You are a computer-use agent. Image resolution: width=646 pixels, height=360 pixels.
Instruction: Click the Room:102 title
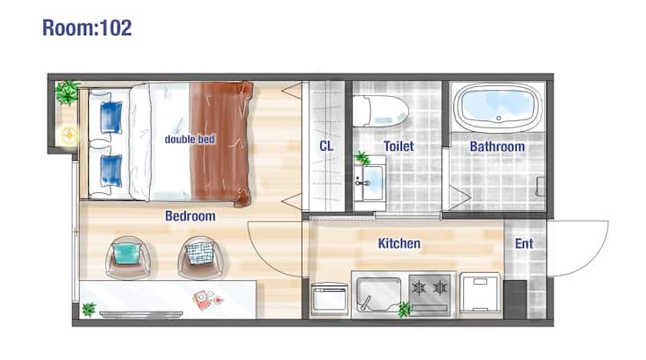(87, 28)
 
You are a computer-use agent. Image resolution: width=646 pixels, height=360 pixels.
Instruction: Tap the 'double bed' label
(190, 139)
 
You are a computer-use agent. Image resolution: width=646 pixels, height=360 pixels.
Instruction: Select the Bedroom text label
(190, 216)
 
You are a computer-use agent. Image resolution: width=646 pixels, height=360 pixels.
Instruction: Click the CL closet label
(327, 146)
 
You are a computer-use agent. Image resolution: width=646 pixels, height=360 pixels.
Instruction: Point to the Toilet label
(398, 146)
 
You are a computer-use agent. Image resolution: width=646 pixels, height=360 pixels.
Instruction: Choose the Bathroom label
(497, 146)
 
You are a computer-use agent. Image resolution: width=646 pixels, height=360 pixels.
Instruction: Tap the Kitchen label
(399, 243)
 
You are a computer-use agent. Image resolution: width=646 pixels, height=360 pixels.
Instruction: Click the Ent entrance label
(524, 243)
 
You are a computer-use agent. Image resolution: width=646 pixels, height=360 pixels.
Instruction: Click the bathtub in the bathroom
(498, 107)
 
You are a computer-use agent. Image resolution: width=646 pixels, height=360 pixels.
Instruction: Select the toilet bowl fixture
(380, 111)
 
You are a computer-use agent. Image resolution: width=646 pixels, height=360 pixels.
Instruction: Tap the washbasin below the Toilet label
(370, 182)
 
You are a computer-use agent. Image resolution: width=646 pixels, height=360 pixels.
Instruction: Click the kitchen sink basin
(379, 294)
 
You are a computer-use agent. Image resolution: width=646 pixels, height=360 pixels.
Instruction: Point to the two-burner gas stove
(429, 294)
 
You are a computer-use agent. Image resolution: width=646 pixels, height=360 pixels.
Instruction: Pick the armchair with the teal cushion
(127, 258)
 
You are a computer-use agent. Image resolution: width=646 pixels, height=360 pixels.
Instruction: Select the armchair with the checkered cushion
(201, 258)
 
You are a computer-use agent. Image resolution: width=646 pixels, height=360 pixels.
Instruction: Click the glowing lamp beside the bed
(69, 135)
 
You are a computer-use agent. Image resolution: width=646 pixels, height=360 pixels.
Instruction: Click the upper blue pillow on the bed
(111, 117)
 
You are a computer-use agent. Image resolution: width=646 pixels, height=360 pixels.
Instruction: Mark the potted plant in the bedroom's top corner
(67, 92)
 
